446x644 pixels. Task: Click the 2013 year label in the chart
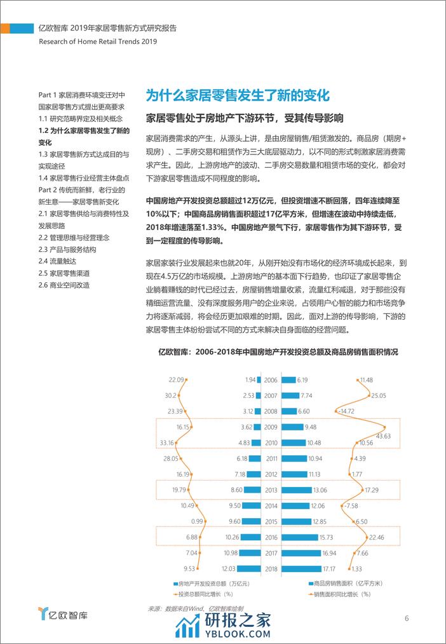[271, 490]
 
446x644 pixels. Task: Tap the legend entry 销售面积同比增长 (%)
[346, 594]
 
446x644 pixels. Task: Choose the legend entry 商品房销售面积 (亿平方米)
[346, 583]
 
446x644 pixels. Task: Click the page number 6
[406, 619]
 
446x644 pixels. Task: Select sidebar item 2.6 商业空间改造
[64, 285]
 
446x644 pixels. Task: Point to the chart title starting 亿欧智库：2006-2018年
[278, 352]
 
